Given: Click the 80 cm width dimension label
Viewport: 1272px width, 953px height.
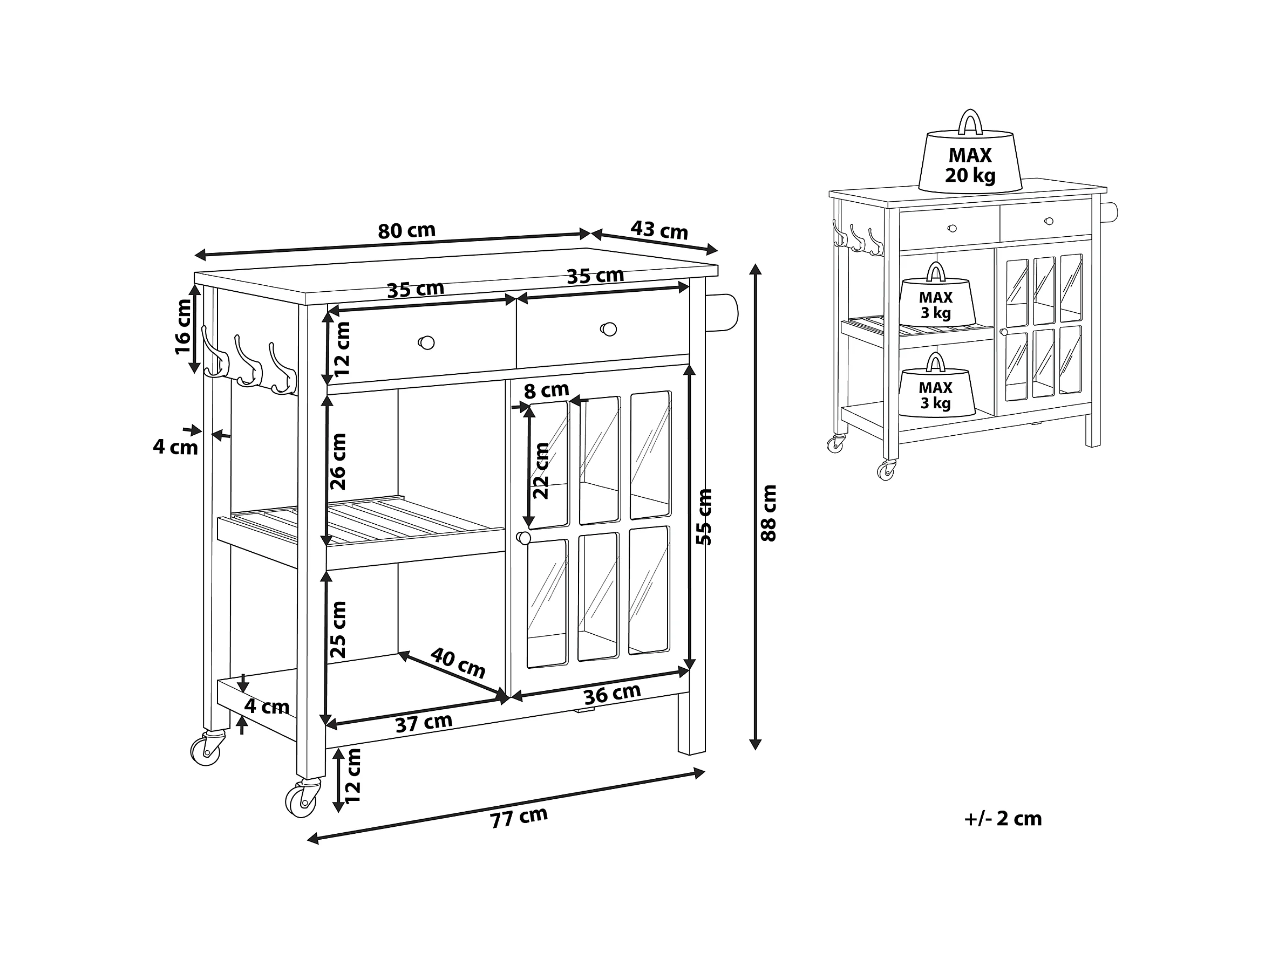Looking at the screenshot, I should coord(406,231).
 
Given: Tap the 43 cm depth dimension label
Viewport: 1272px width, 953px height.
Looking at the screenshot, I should coord(659,230).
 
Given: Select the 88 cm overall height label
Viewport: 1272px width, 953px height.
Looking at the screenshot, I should coord(768,513).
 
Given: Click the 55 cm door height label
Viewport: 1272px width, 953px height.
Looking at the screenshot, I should coord(704,517).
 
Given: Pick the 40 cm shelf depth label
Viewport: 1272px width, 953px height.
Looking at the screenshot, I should coord(458,663).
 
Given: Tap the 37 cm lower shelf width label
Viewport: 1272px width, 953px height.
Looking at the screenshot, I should coord(424,723).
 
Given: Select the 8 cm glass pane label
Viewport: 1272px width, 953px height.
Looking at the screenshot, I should coord(546,391).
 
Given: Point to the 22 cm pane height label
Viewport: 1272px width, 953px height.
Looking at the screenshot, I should coord(541,471).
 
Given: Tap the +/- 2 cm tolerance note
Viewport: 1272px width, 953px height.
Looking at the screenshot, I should coord(1003,819).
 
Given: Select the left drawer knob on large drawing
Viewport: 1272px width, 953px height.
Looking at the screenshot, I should coord(426,342).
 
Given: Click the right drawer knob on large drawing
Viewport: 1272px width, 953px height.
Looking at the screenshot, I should coord(608,330).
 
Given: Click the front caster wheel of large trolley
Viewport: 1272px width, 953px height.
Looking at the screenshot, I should coord(301,799).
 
